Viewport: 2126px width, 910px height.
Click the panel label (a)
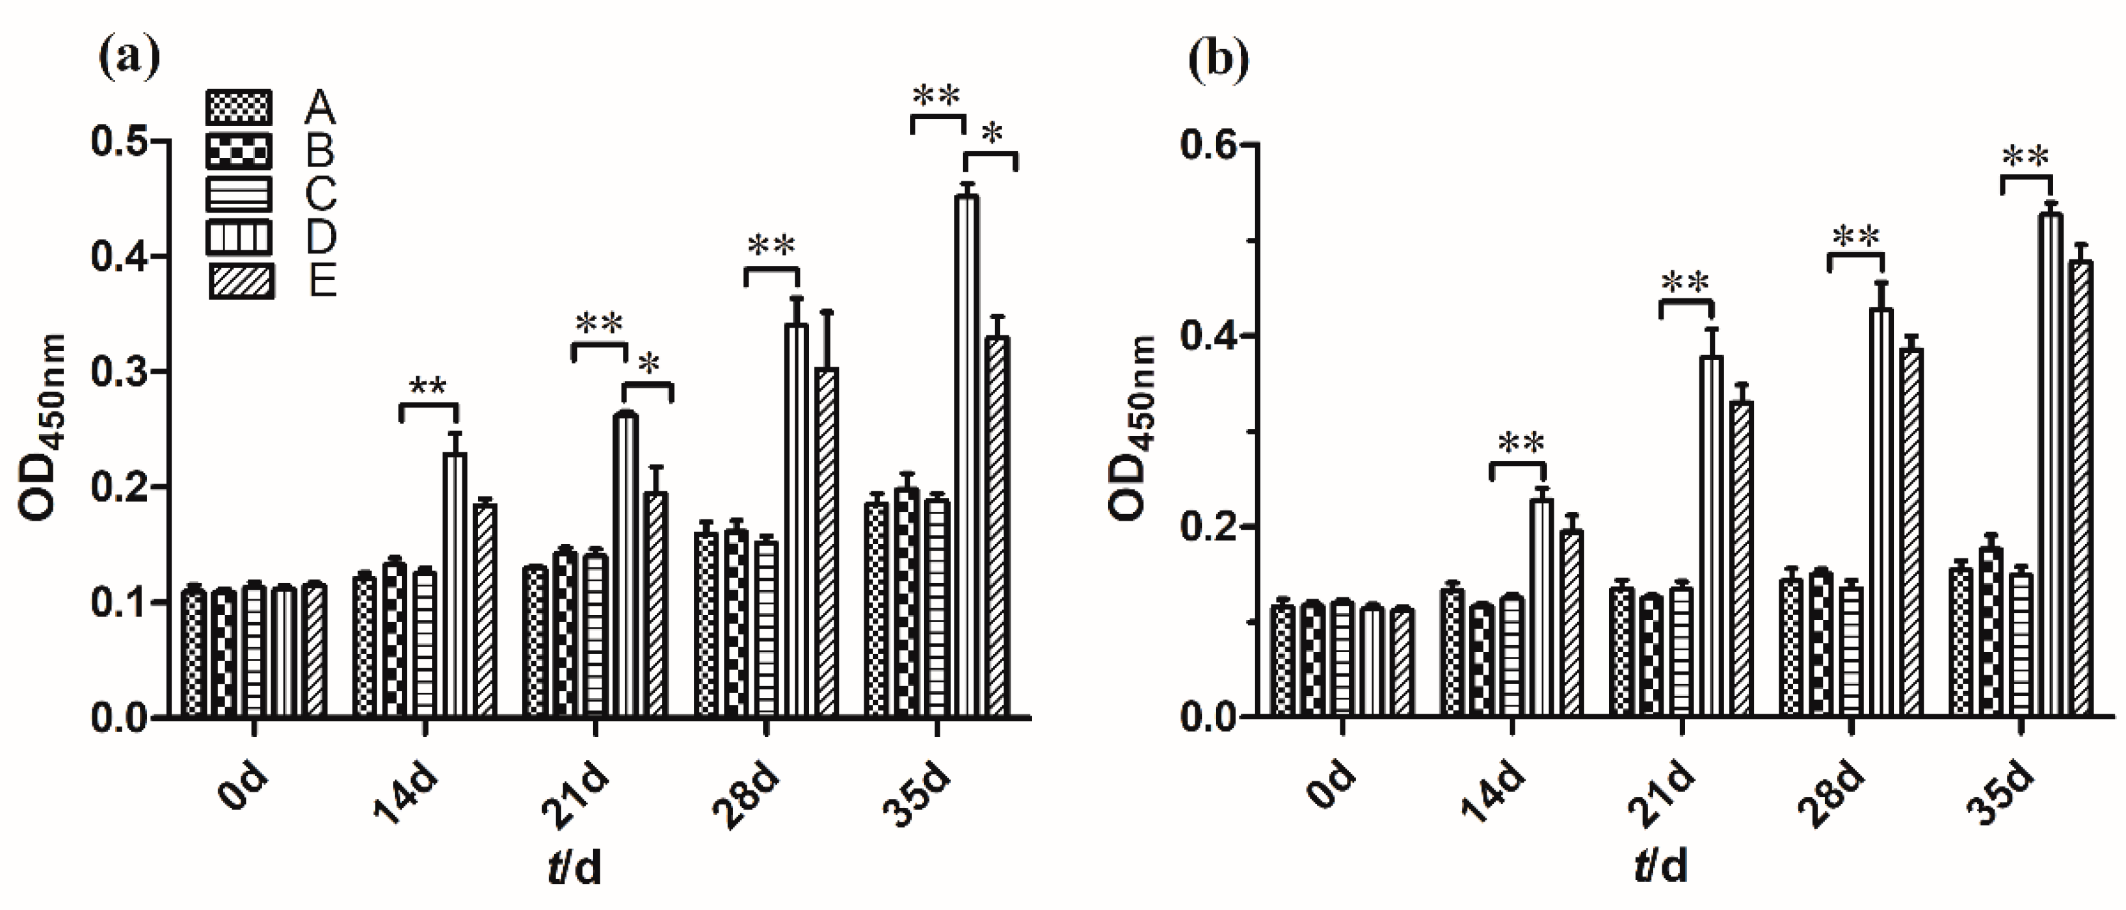pos(129,59)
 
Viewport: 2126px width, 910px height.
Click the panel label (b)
pos(1218,59)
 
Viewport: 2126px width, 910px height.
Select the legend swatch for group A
pos(239,107)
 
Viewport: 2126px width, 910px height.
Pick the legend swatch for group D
pos(239,238)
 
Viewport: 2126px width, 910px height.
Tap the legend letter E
pos(323,281)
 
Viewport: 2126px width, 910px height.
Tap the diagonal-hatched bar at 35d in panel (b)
pos(2080,487)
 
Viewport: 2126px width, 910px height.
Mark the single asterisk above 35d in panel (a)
pos(994,135)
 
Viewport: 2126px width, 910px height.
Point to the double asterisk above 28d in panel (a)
pos(772,245)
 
